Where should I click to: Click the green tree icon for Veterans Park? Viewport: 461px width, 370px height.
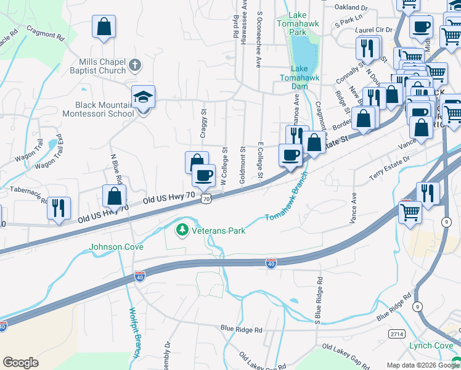pos(182,231)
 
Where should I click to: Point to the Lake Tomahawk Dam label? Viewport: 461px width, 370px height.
pos(295,78)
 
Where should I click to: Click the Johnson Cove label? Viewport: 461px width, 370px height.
pos(116,247)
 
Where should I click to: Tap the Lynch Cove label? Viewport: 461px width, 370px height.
pos(431,346)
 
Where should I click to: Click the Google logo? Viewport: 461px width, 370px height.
pos(20,363)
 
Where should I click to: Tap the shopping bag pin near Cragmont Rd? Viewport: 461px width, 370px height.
pos(104,27)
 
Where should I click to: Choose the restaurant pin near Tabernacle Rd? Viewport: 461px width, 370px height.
pos(59,208)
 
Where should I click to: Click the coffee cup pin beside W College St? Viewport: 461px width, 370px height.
pos(203,176)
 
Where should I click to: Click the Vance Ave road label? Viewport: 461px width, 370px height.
pos(354,208)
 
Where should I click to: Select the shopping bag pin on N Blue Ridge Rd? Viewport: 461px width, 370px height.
pos(115,196)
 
